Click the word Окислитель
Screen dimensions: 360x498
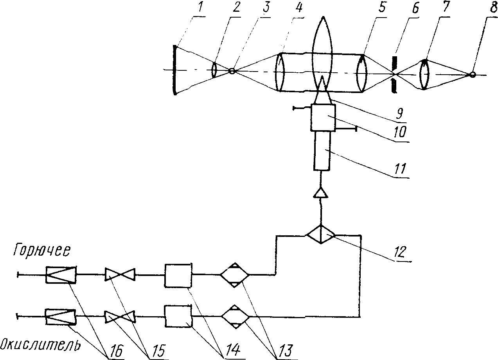(40, 345)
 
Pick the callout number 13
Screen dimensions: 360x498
(284, 351)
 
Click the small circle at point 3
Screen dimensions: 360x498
(232, 71)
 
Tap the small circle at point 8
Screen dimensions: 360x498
(473, 75)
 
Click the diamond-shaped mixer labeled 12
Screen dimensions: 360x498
(320, 235)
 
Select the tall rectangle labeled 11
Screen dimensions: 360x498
(321, 150)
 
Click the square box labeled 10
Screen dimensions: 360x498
(323, 117)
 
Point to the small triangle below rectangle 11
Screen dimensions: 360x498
(321, 192)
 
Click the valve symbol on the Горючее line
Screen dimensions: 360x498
(119, 275)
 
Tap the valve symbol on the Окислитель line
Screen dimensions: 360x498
(119, 317)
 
